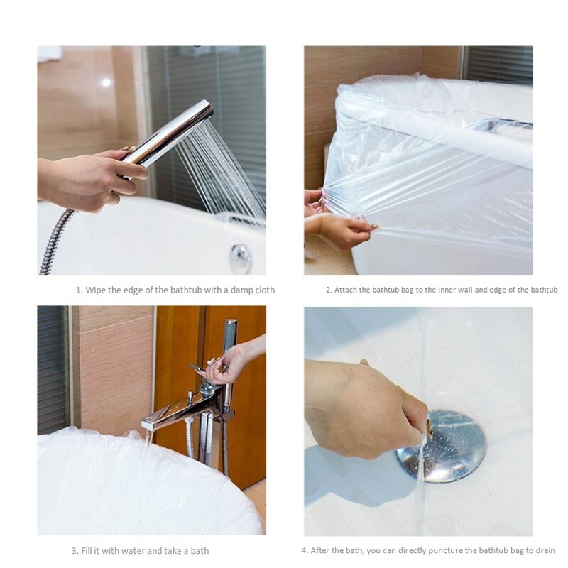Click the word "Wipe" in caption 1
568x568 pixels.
[95, 290]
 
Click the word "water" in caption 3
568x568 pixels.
[132, 551]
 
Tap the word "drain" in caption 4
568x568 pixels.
[545, 551]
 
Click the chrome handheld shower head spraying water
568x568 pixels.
[170, 131]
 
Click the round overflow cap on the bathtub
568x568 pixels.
[241, 257]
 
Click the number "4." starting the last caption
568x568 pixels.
[305, 551]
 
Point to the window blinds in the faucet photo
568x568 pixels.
[53, 369]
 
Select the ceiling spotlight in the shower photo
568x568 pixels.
[106, 82]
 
